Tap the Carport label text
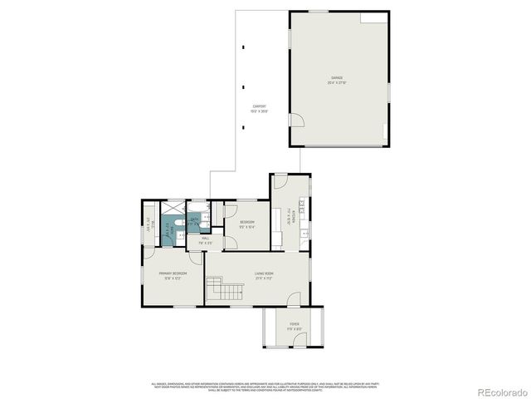click(260, 108)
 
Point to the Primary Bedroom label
click(173, 276)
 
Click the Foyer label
click(295, 325)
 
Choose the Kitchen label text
click(290, 217)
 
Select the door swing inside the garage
click(295, 120)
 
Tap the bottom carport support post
click(244, 128)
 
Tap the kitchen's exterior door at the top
click(281, 180)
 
